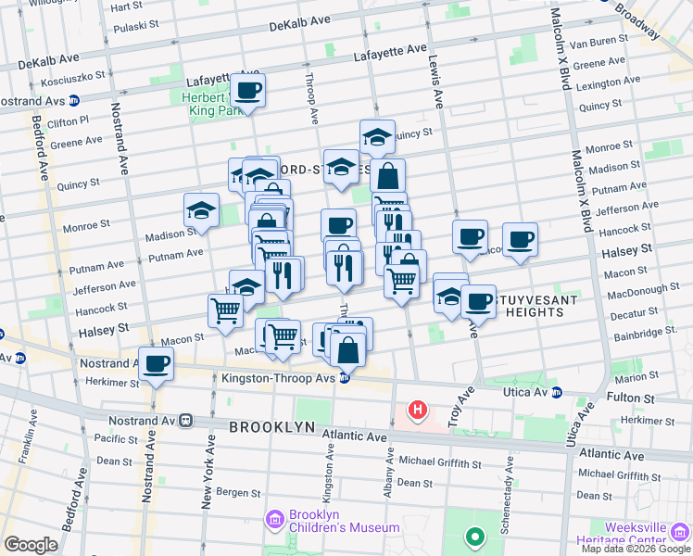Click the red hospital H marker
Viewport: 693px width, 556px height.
[x=418, y=409]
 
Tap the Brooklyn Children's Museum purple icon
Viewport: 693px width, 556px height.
[x=274, y=519]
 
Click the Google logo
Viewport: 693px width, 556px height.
[x=31, y=545]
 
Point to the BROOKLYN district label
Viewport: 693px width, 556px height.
[x=269, y=427]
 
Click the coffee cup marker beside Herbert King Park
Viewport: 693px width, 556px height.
[x=247, y=91]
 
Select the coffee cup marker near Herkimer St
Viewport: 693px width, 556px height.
[x=156, y=364]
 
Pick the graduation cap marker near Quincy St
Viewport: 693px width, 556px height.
[x=377, y=137]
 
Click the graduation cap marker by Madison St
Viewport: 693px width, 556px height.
[x=201, y=210]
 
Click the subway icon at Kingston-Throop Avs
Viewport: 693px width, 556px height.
[x=345, y=378]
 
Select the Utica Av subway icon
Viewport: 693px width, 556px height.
[x=557, y=393]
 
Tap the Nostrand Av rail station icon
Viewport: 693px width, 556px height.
[x=185, y=420]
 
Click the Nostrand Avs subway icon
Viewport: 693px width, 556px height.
[x=73, y=100]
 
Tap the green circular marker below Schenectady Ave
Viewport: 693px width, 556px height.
[x=474, y=537]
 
